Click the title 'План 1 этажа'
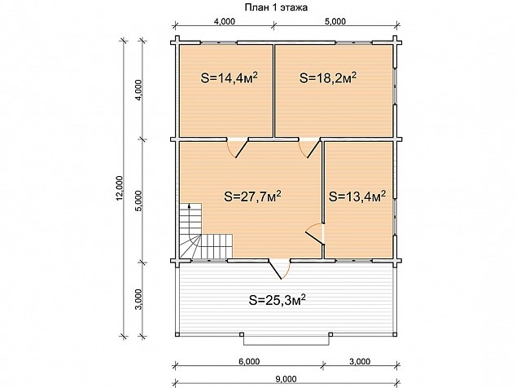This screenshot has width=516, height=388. (x=276, y=7)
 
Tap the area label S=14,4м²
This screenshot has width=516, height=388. (x=229, y=78)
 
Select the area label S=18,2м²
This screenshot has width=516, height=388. (x=328, y=78)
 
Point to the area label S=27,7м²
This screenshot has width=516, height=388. (x=252, y=196)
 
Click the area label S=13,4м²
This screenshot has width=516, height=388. (x=357, y=196)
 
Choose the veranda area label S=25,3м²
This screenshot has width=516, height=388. (x=278, y=300)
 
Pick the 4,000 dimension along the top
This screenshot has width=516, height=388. (x=225, y=21)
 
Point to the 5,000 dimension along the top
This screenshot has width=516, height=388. (x=335, y=21)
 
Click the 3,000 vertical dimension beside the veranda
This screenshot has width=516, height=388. (x=138, y=299)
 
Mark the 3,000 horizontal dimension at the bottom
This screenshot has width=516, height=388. (x=360, y=362)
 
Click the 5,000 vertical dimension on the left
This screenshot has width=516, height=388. (x=138, y=201)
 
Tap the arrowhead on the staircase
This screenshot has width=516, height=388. (x=189, y=206)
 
